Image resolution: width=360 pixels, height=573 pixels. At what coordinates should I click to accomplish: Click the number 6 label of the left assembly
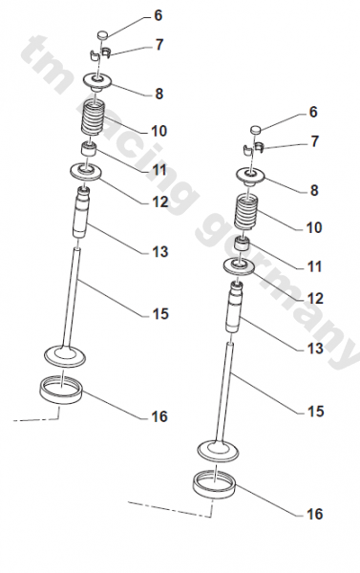pos(158,15)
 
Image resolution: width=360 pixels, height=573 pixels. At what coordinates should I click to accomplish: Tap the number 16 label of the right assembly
pos(315,514)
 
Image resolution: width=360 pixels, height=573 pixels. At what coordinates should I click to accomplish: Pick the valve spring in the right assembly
pos(247,212)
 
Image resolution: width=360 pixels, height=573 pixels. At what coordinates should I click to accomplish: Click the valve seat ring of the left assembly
pos(61,391)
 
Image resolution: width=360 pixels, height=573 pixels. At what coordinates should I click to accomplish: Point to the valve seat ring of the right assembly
pos(215,484)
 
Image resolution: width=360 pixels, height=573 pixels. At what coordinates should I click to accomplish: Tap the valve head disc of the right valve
pos(218,451)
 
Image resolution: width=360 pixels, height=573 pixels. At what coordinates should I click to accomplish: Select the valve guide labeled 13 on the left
pos(81,213)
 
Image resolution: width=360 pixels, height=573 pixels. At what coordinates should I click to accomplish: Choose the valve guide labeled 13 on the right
pos(235,307)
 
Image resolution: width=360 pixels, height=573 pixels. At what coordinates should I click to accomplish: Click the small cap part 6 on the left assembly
pos(103,35)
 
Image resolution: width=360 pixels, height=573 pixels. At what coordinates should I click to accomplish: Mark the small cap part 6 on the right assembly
pos(256,129)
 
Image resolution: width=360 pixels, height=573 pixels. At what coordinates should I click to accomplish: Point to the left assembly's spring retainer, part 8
pos(97,82)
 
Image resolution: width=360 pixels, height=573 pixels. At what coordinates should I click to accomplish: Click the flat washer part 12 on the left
pos(86,171)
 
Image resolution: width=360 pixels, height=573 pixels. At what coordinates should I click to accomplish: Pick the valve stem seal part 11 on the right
pos(243,244)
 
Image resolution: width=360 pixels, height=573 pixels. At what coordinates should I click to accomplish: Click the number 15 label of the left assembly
pos(160,314)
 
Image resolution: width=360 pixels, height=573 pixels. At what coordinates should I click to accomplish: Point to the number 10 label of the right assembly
pos(314,227)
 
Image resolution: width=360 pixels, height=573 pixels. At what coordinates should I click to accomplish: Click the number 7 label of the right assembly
pos(315,141)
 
